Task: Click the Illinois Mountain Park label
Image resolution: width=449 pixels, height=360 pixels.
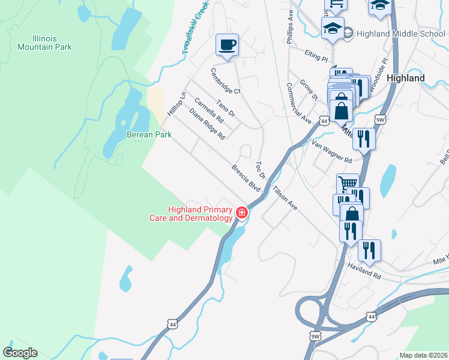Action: point(44,43)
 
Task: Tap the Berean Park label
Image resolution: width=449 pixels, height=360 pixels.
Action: point(149,135)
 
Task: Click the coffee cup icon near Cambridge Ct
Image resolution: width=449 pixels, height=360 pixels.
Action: point(227,46)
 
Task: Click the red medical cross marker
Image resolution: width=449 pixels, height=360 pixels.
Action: point(242,212)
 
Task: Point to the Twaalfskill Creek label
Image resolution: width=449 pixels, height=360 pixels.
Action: point(195,28)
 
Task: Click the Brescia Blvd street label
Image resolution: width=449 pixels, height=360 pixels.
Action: point(246,178)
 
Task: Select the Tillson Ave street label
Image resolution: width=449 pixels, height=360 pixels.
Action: point(285,197)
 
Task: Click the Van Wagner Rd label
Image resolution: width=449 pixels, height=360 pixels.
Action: point(331,152)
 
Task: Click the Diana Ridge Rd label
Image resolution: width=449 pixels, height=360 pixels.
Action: point(206,124)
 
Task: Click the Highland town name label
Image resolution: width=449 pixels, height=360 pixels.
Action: point(406,78)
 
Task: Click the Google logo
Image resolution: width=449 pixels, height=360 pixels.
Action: point(20,353)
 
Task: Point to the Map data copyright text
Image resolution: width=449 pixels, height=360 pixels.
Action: point(423,355)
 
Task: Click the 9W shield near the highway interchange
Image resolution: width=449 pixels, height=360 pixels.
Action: point(316,336)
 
